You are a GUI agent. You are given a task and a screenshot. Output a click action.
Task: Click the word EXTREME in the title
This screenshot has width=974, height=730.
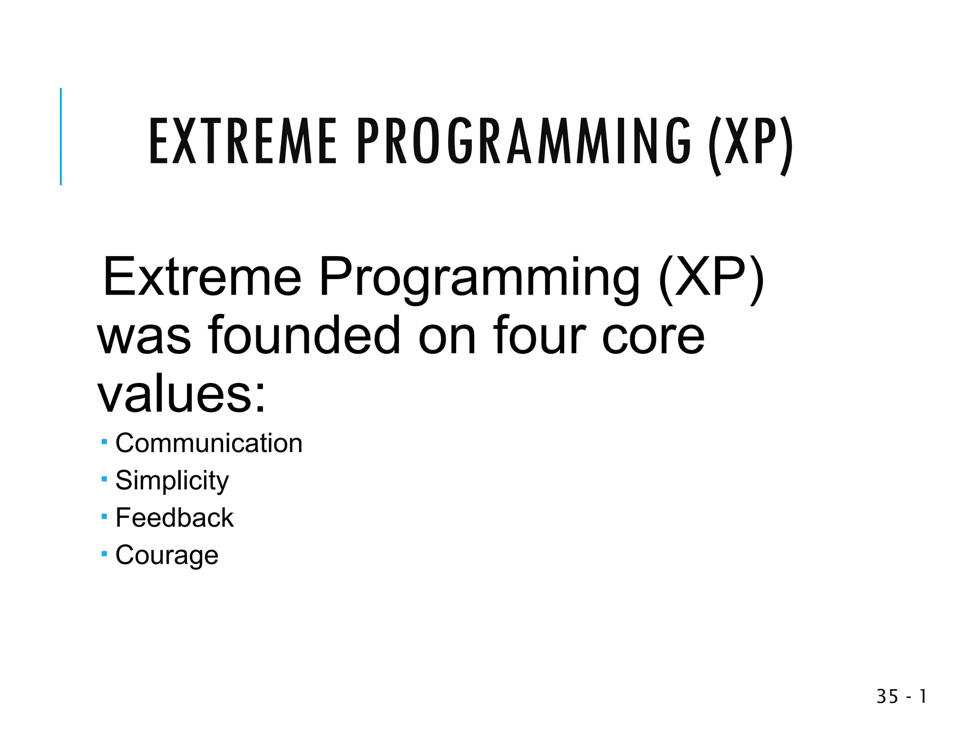(243, 142)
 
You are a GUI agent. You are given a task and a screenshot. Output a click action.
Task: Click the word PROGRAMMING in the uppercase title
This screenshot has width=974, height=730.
(523, 142)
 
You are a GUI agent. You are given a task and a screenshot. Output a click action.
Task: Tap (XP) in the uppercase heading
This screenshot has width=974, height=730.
(750, 145)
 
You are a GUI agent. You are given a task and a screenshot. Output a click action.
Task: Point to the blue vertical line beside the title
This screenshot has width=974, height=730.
(61, 136)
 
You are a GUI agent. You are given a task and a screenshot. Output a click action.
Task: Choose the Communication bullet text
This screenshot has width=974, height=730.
(209, 443)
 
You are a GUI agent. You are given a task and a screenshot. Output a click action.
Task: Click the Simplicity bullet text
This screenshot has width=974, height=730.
(172, 481)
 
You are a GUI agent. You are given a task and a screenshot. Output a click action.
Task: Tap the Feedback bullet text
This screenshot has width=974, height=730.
(175, 518)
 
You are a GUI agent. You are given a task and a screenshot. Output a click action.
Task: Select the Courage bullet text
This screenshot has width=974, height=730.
(167, 556)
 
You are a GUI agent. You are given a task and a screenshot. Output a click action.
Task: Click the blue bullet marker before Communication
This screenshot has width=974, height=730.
(104, 442)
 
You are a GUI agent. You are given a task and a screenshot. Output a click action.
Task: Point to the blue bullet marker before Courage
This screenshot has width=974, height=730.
(104, 554)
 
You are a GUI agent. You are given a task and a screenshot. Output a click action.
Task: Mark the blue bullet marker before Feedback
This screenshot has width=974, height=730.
(104, 517)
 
